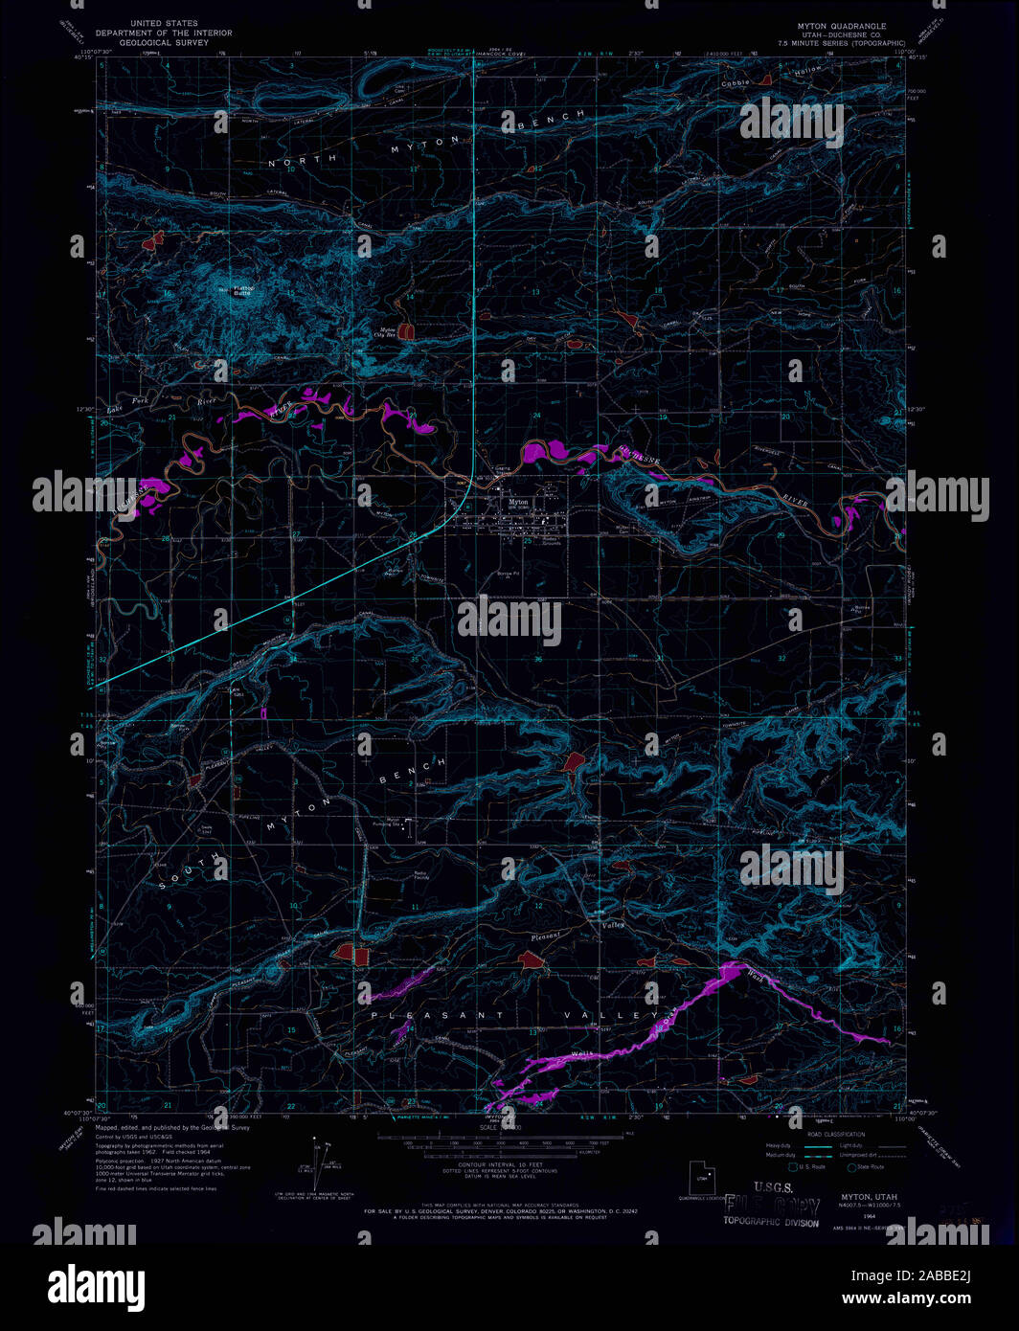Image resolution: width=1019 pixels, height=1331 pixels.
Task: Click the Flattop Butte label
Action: (x=241, y=290)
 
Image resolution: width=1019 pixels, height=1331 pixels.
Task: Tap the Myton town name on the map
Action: (x=518, y=503)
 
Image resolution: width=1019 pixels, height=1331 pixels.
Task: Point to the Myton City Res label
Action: (x=383, y=332)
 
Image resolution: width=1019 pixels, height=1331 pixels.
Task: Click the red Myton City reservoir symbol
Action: (x=407, y=331)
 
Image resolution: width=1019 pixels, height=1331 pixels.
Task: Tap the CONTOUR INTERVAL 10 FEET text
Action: (x=509, y=1165)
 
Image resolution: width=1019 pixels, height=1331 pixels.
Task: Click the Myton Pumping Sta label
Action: (x=393, y=822)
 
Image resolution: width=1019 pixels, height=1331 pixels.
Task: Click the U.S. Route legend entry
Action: (x=810, y=1166)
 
